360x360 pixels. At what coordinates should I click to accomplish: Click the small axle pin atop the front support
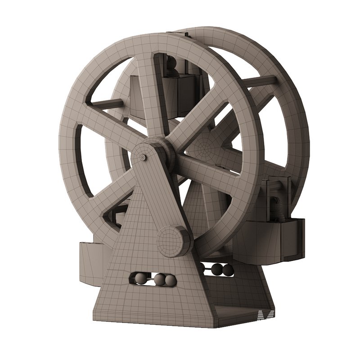coord(143,157)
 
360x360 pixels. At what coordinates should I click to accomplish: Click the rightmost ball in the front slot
coord(170,280)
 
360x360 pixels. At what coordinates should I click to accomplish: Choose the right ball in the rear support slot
coord(228,270)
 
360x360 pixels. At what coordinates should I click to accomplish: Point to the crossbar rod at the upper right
coord(261,81)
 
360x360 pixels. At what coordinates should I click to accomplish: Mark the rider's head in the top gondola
coord(172,63)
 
